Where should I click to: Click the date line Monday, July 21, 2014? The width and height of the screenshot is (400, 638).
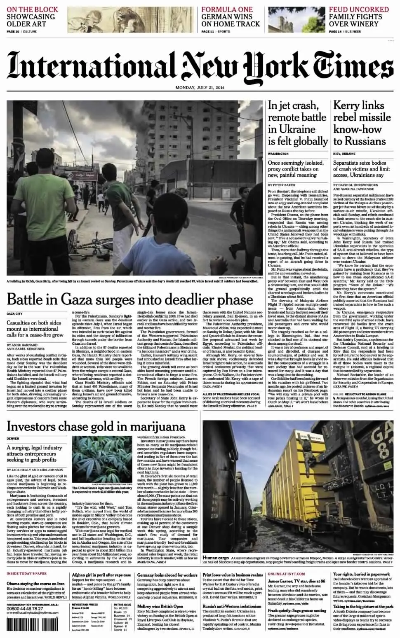200,87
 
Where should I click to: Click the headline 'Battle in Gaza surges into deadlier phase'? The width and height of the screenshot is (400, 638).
129,299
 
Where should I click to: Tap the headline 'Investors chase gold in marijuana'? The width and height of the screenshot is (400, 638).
96,426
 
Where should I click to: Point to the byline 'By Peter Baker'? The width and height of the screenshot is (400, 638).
282,185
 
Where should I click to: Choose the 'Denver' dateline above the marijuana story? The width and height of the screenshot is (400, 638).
14,439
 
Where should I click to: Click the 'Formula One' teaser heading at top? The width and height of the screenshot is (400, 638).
227,9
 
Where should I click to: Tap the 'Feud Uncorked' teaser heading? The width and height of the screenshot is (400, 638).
359,9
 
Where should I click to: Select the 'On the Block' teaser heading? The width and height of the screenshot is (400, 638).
32,9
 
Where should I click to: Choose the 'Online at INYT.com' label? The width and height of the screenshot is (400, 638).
286,574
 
